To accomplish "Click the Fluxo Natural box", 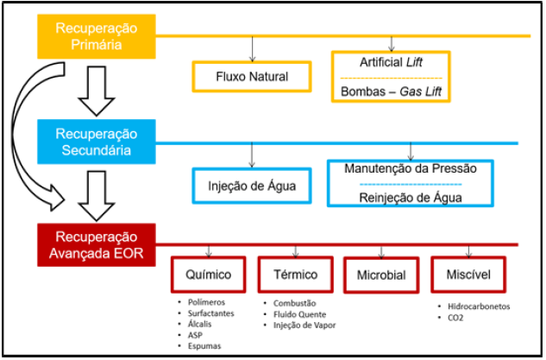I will click(x=252, y=77).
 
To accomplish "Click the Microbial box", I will click(x=380, y=276).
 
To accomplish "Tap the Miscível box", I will click(x=470, y=275).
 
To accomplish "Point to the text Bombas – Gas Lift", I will click(x=392, y=91).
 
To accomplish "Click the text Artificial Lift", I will click(x=392, y=62).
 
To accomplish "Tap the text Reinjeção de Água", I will click(x=410, y=197).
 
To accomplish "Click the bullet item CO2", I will click(x=456, y=318).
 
